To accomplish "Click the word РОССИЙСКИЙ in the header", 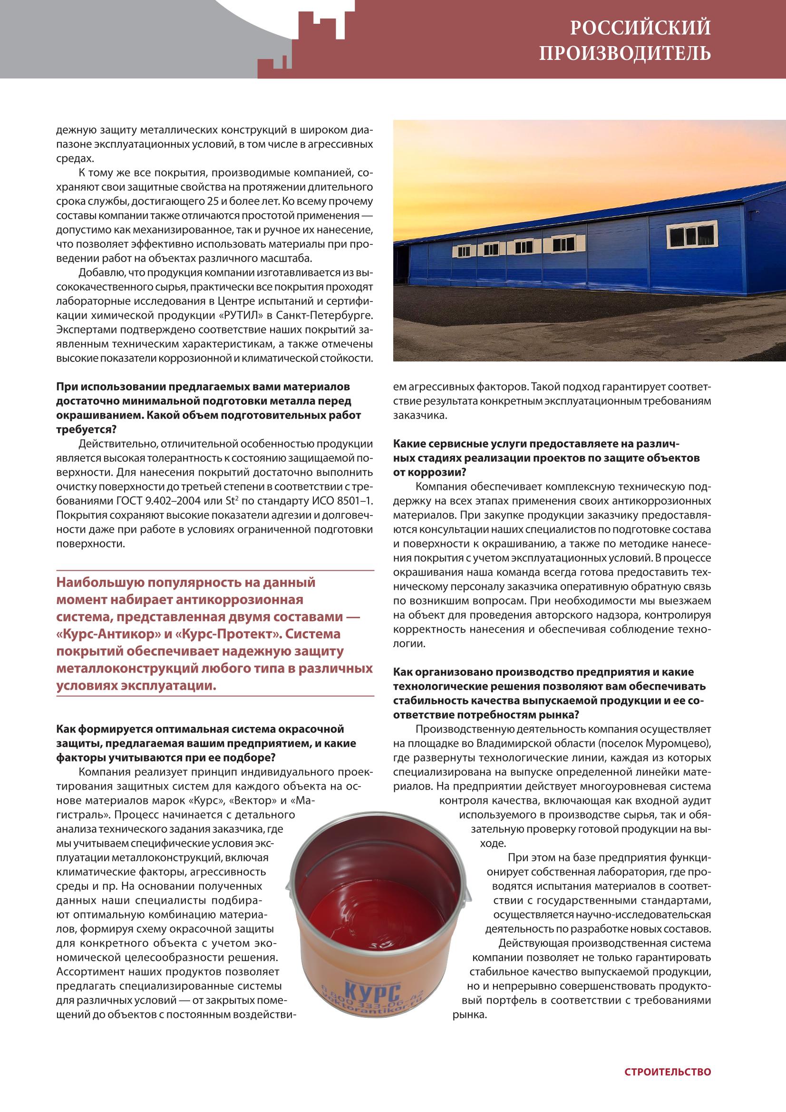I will tap(640, 28).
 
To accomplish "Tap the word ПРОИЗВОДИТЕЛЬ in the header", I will tap(625, 53).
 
